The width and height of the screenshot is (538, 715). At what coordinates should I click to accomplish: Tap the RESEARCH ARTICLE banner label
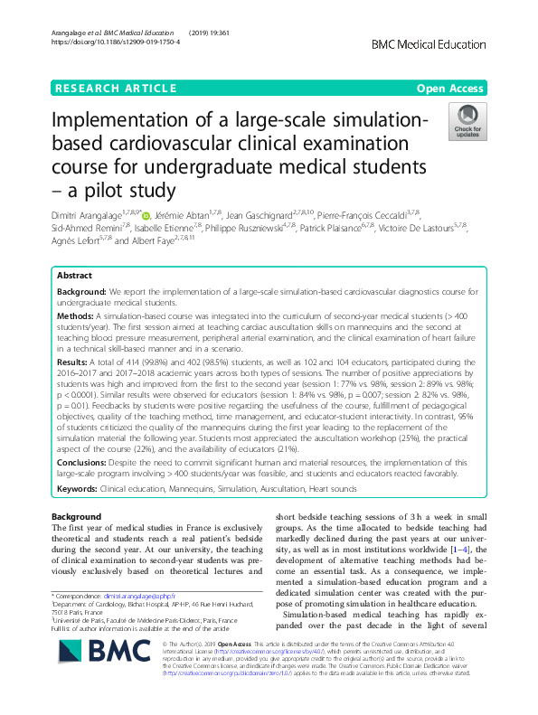116,88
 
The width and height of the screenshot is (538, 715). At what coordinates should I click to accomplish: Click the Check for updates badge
468,124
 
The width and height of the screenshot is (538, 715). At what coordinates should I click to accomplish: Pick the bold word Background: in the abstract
81,293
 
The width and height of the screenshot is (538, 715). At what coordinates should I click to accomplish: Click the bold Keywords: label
78,488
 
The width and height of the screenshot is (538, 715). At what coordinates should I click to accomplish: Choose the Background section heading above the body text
77,516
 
